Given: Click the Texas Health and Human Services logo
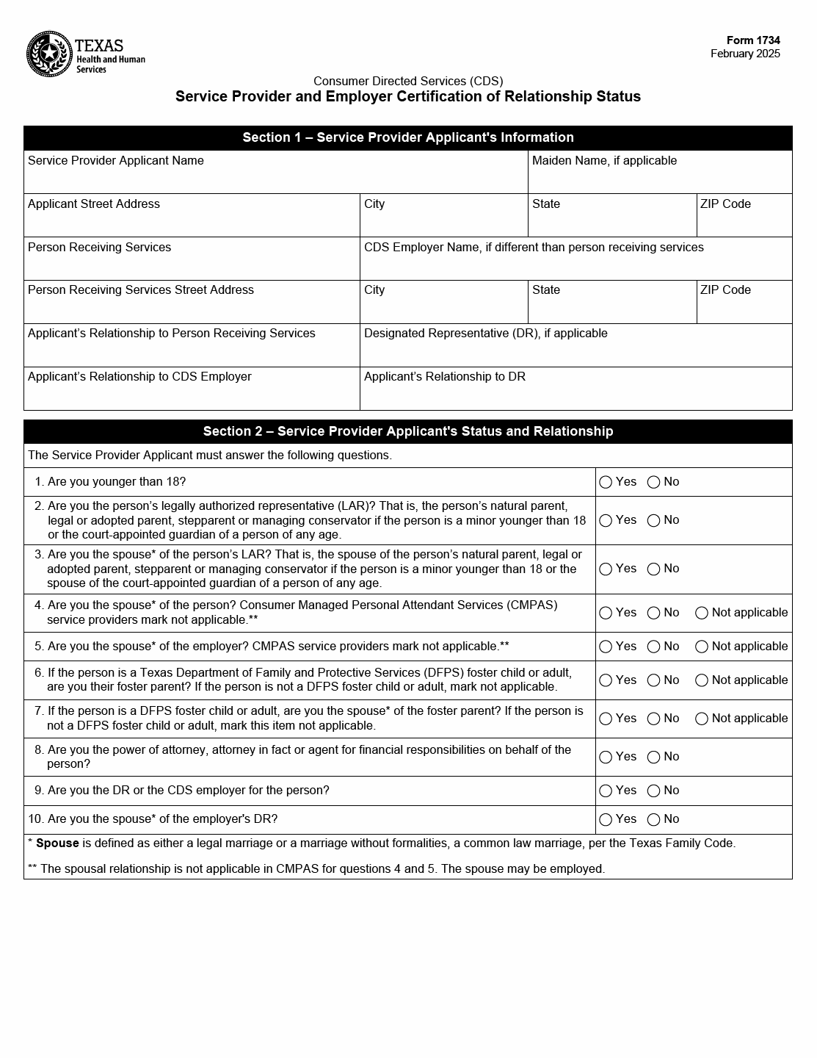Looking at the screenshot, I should coord(85,54).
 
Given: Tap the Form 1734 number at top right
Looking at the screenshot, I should coord(753,40).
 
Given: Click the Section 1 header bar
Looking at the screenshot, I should coord(407,137).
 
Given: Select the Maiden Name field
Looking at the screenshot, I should coord(659,179).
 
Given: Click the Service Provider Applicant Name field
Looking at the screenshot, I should coord(275,179).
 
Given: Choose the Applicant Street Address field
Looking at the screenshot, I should coord(191,221).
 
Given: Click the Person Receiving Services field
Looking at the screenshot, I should coord(191,264).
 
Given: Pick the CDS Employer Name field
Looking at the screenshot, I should coord(575,264).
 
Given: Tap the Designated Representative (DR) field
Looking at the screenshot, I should coord(575,350).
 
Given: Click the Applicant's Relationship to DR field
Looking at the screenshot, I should coord(575,394).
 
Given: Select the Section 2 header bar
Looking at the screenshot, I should coord(407,431).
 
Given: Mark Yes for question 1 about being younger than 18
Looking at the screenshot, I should coord(606,482).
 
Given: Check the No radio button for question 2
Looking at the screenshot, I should coord(653,520).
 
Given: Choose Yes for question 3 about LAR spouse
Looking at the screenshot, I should coord(606,569).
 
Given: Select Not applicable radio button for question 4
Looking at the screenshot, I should coord(702,613).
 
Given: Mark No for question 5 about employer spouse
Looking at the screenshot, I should coord(653,647).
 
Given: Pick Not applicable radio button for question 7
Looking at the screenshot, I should coord(702,719).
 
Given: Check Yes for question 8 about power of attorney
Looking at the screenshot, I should coord(606,757).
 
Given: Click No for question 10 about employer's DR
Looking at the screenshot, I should coord(653,819).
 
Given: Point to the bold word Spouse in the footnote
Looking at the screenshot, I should coord(57,843).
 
